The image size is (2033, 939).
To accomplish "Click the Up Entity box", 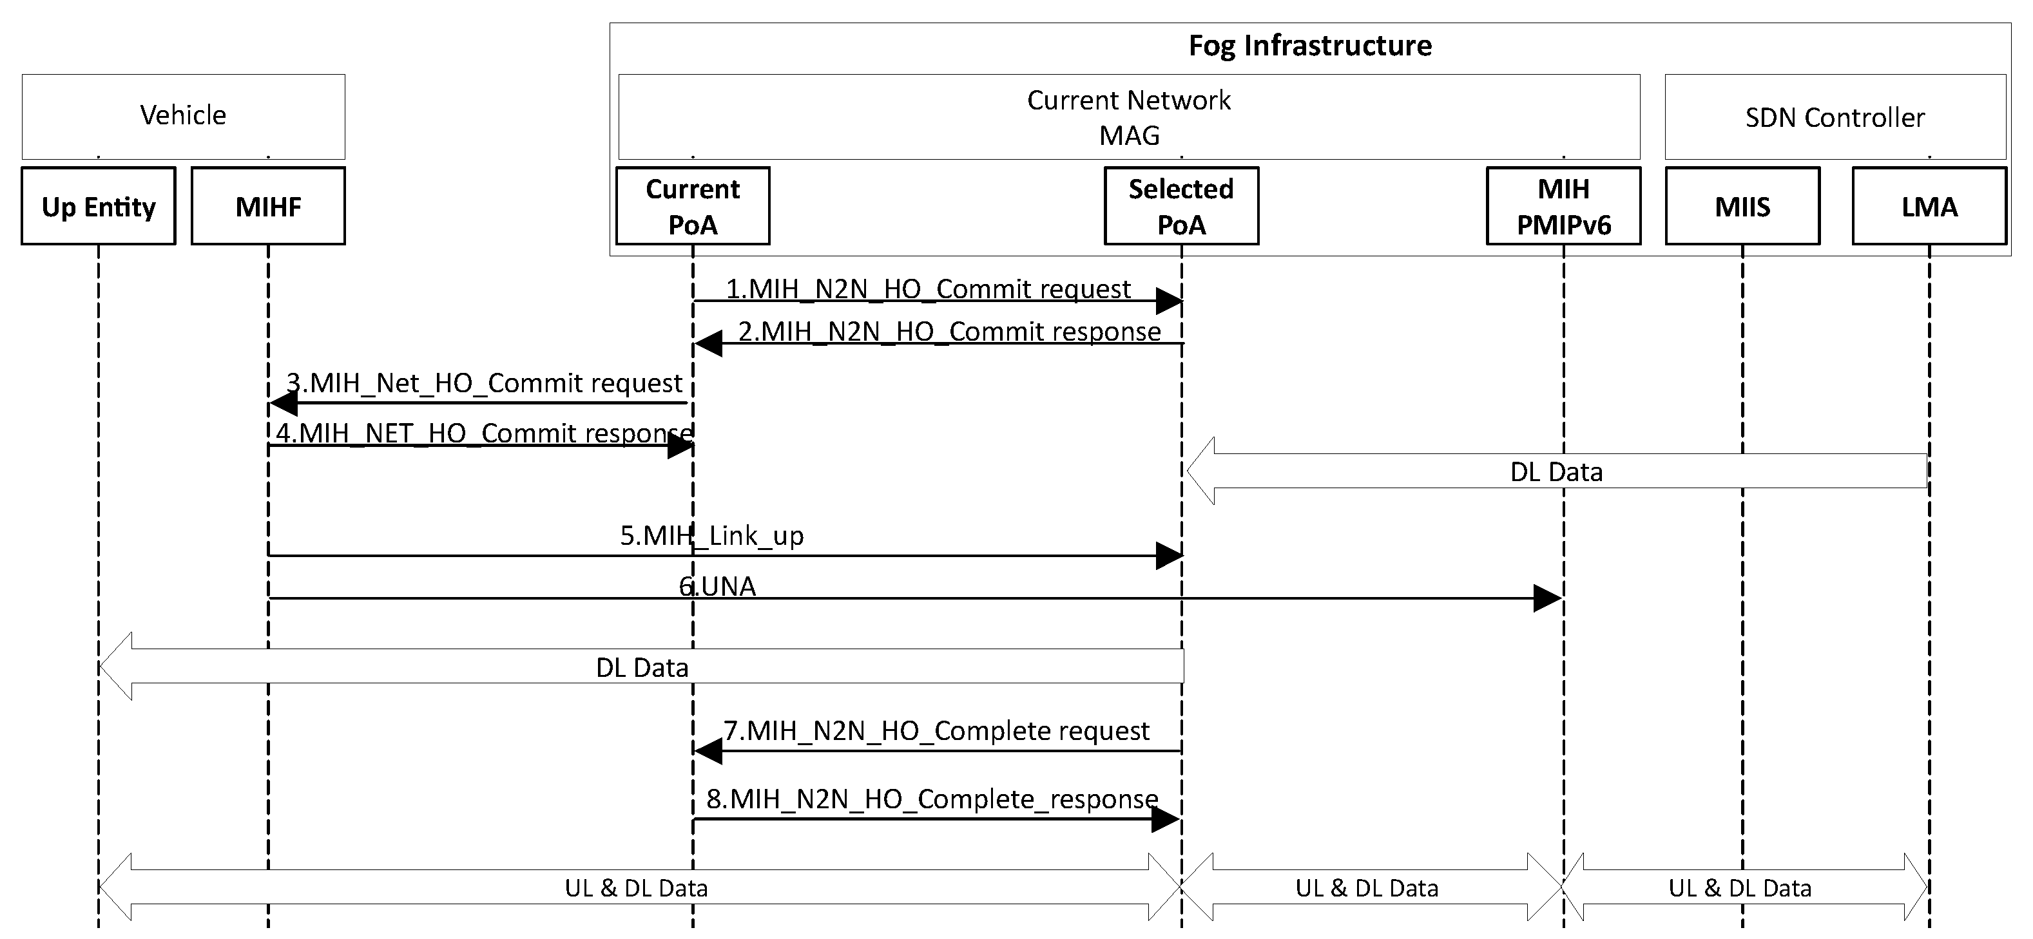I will click(x=99, y=206).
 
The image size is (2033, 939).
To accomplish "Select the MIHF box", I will click(x=268, y=206).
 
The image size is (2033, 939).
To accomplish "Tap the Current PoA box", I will click(x=692, y=206).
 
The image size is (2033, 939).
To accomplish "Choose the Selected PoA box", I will click(x=1180, y=206).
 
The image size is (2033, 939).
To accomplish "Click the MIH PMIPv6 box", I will click(x=1563, y=206).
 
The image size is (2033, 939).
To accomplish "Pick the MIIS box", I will click(x=1742, y=206).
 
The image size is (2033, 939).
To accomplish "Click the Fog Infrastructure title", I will click(x=1309, y=45).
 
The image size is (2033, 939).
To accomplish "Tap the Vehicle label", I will click(x=183, y=115).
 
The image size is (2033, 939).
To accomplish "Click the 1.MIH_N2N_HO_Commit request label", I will click(x=927, y=288).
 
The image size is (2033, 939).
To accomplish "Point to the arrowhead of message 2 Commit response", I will click(x=708, y=343).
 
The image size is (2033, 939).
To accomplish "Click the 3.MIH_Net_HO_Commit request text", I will click(x=484, y=383).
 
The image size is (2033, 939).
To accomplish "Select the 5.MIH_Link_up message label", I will click(x=711, y=535).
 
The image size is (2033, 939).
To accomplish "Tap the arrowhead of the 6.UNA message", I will click(x=1547, y=598).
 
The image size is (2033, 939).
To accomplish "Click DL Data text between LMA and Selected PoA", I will click(x=1556, y=472).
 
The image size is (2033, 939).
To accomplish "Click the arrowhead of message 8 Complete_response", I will click(x=1166, y=820).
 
